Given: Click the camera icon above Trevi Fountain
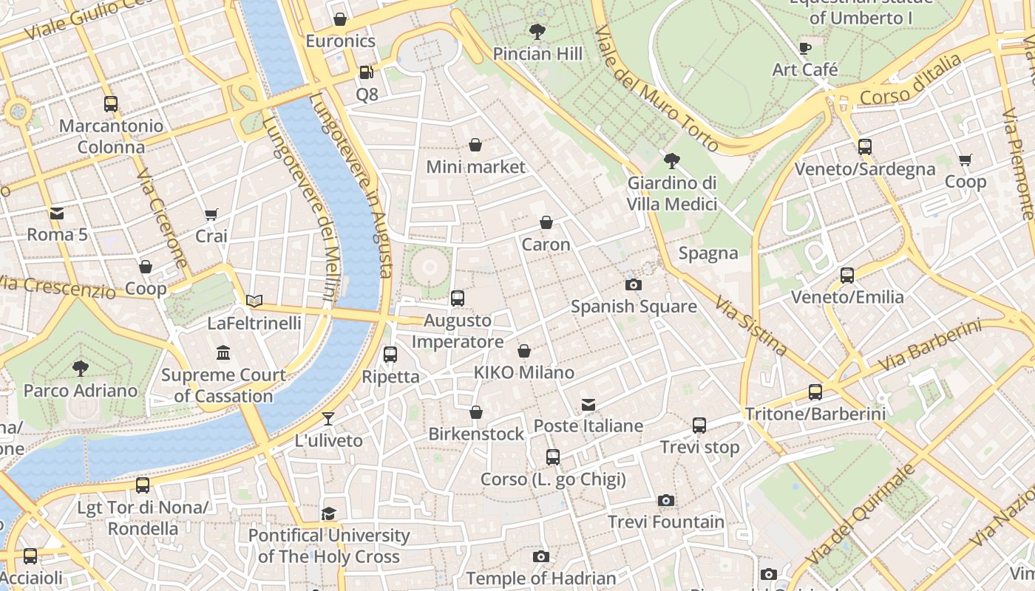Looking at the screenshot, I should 666,501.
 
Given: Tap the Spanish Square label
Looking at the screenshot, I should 634,306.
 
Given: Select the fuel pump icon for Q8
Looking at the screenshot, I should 366,72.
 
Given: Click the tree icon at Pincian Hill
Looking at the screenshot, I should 537,32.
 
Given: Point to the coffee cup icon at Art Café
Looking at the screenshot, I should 805,49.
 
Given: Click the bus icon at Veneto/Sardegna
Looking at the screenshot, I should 865,147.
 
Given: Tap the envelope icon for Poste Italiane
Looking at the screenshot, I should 588,405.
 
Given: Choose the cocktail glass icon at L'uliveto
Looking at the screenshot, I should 328,419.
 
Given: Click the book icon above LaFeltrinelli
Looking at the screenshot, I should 254,301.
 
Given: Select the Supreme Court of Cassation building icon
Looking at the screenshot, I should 223,353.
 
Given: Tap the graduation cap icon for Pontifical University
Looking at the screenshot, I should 329,513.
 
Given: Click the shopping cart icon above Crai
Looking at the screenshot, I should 211,215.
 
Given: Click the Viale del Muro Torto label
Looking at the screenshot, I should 656,89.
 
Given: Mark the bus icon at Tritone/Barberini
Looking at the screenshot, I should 815,392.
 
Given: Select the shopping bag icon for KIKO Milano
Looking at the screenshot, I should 524,351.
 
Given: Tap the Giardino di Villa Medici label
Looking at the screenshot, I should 672,193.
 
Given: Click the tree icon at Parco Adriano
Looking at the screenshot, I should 81,368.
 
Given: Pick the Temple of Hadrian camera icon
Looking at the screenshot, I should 541,557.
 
